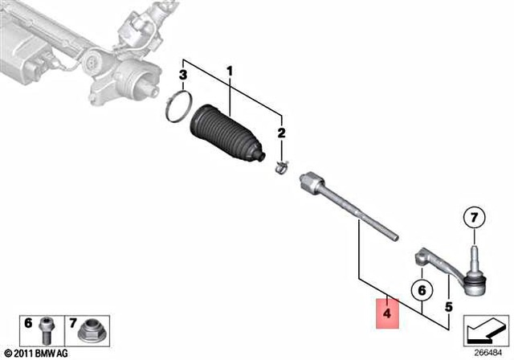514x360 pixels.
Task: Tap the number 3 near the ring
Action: (x=183, y=76)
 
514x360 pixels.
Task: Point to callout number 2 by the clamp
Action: (x=281, y=133)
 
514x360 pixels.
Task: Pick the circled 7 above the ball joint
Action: (x=474, y=217)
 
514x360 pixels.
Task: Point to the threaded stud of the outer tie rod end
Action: (x=474, y=256)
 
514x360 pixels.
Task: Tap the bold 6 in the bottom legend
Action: (x=28, y=323)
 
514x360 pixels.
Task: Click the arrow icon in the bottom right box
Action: (x=483, y=329)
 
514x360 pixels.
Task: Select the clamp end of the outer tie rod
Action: (x=421, y=258)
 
